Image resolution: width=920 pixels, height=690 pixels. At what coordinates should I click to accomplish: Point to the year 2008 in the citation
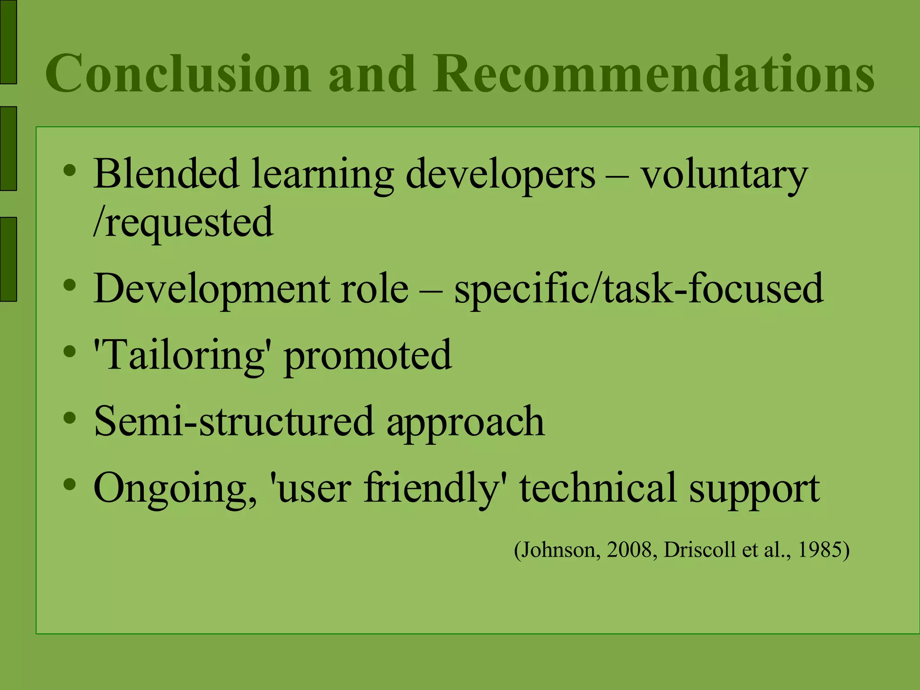click(629, 550)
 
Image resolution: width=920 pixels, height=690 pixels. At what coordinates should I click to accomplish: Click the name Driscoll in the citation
click(699, 550)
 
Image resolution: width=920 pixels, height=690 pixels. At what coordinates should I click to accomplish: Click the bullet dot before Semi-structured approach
click(70, 418)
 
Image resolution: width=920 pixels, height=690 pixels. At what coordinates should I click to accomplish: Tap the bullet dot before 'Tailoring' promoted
click(70, 352)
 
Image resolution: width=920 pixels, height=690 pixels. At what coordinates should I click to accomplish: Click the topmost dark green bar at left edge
click(8, 41)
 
